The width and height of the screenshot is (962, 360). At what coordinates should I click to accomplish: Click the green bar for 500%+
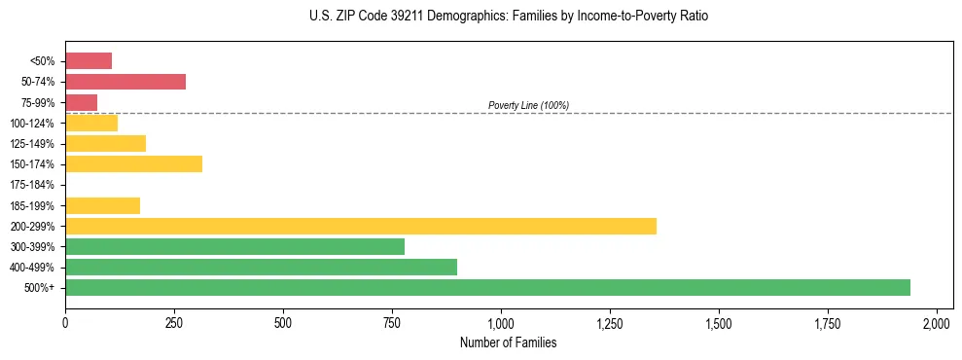pyautogui.click(x=487, y=287)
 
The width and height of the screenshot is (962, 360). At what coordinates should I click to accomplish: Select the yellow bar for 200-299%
pyautogui.click(x=361, y=226)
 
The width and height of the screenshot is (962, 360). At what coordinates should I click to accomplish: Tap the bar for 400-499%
pyautogui.click(x=261, y=267)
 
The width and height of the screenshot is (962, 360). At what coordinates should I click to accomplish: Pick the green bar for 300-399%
pyautogui.click(x=234, y=246)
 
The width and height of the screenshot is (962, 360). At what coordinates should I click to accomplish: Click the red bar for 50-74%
pyautogui.click(x=125, y=82)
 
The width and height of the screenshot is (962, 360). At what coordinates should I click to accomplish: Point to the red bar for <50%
pyautogui.click(x=89, y=61)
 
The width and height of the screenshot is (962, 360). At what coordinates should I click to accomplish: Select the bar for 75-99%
pyautogui.click(x=81, y=102)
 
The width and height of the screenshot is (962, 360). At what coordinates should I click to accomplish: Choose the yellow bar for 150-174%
pyautogui.click(x=133, y=163)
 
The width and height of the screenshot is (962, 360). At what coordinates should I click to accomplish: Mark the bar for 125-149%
pyautogui.click(x=105, y=143)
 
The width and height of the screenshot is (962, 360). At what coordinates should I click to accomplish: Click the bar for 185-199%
pyautogui.click(x=102, y=205)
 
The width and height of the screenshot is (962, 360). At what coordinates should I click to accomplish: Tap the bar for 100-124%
pyautogui.click(x=91, y=123)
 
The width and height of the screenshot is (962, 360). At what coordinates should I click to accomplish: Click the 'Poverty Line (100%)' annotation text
pyautogui.click(x=528, y=105)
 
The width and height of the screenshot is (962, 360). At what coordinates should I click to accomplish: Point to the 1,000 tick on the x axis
pyautogui.click(x=501, y=322)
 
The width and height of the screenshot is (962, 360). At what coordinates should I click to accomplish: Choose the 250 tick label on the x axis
pyautogui.click(x=174, y=322)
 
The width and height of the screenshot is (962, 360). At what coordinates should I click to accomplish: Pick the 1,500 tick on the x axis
pyautogui.click(x=719, y=322)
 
